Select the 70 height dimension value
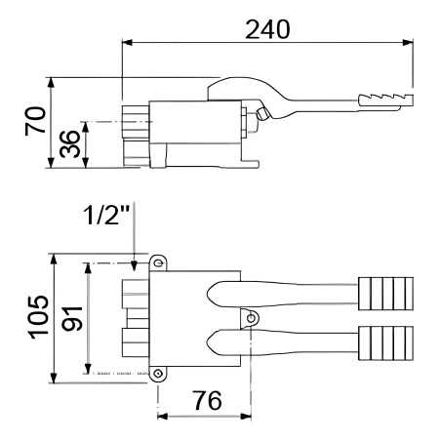pos(36,122)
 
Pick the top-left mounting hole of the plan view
pos(157,262)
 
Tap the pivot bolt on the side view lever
pos(260,116)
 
